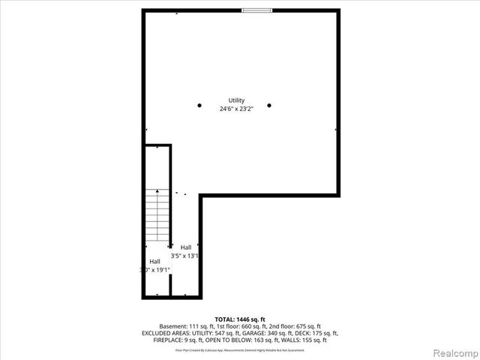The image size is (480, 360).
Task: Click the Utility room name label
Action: (237, 100)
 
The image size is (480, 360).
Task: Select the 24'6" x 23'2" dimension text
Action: (237, 109)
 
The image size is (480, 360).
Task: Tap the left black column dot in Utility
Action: (199, 105)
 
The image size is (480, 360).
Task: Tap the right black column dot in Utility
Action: (269, 105)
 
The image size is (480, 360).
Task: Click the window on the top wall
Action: (256, 10)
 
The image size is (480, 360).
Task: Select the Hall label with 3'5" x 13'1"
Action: (186, 247)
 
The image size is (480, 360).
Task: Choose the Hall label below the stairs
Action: (154, 261)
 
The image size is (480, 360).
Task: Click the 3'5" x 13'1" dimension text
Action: (186, 256)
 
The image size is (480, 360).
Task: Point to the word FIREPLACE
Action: (157, 340)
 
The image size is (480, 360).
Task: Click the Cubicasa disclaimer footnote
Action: (239, 349)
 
